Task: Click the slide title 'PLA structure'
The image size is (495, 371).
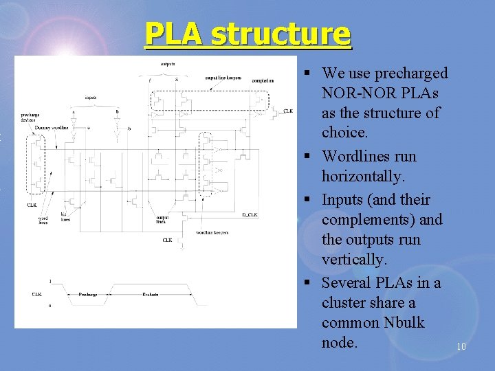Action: click(x=247, y=34)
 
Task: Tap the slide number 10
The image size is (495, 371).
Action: click(x=461, y=346)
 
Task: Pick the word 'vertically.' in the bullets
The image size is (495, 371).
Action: click(x=355, y=260)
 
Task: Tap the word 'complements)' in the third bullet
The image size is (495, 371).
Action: click(x=382, y=220)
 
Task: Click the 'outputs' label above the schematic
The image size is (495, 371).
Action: click(x=167, y=64)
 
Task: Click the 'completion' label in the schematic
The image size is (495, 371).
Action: click(x=263, y=80)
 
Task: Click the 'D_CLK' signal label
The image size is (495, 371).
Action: click(x=250, y=215)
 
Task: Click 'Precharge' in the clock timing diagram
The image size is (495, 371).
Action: click(x=87, y=294)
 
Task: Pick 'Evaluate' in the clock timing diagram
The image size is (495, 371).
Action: click(x=150, y=294)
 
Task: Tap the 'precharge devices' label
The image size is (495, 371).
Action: click(x=30, y=117)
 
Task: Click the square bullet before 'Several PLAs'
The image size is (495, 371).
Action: click(x=313, y=284)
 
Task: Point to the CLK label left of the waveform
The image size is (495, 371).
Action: click(x=36, y=294)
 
